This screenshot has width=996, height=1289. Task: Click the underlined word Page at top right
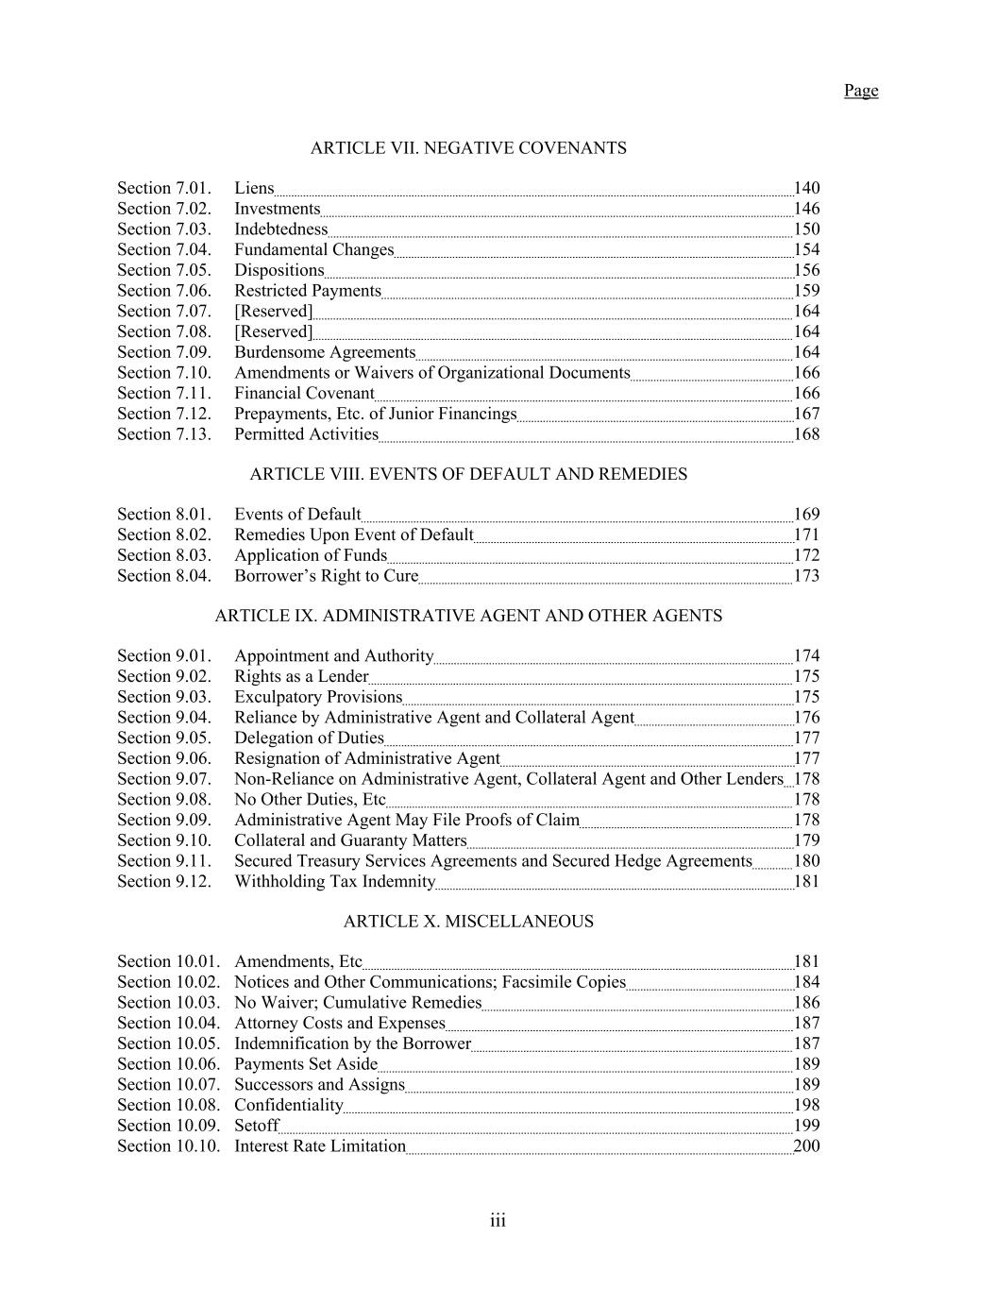[860, 91]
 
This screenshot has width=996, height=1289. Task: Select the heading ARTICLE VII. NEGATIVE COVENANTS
[468, 148]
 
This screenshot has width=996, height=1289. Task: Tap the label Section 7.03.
[164, 229]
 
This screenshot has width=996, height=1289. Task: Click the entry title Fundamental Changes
[313, 250]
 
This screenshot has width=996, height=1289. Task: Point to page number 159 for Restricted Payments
[806, 291]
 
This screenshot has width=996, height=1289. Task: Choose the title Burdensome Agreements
[325, 352]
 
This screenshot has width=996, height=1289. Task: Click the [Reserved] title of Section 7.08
[273, 331]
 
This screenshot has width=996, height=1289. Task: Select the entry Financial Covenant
[304, 394]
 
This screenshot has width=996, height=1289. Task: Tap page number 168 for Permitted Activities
[806, 434]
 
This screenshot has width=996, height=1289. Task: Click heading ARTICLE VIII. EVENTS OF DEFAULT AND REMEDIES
[468, 474]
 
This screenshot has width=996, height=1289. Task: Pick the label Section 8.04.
[164, 576]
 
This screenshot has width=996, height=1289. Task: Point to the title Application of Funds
[311, 555]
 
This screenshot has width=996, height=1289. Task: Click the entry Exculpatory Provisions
[318, 697]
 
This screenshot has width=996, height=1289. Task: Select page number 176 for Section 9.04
[806, 718]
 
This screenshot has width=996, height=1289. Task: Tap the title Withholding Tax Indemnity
[335, 882]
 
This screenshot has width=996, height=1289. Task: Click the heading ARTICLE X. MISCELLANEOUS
[468, 922]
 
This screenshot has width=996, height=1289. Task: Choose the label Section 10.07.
[168, 1085]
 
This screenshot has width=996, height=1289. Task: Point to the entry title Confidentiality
[289, 1105]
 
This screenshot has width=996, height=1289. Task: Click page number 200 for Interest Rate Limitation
[806, 1146]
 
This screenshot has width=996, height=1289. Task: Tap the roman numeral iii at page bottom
[498, 1221]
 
